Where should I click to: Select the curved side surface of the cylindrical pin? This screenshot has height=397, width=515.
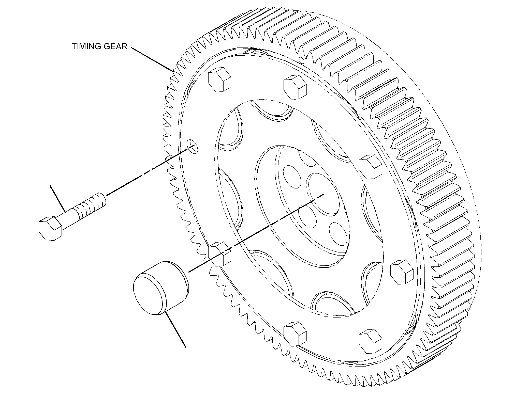tap(173, 279)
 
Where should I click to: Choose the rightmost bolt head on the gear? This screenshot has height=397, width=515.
tap(401, 272)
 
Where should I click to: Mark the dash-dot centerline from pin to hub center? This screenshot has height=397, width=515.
tap(256, 233)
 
